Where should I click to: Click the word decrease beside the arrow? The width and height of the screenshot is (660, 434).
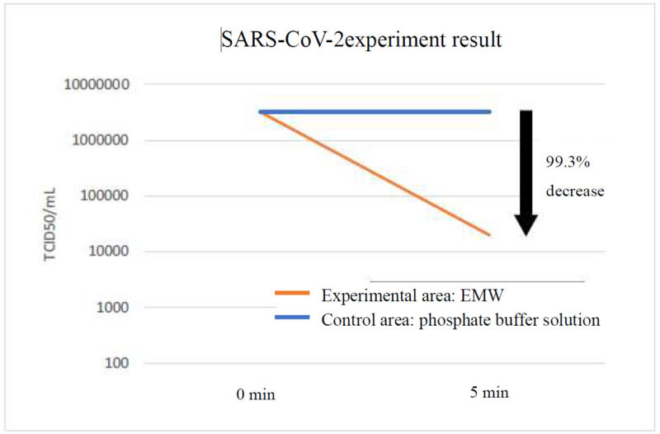575,191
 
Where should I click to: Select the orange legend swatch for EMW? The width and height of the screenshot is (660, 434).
292,293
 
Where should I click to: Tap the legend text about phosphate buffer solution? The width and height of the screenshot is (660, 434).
460,320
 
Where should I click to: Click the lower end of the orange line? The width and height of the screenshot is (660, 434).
489,235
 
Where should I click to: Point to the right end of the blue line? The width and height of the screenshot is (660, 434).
490,112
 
